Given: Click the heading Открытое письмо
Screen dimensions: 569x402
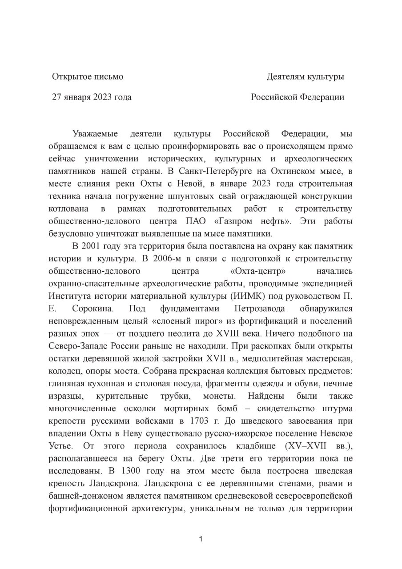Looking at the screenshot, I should tap(88, 76).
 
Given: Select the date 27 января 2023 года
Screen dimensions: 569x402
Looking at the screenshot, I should tap(92, 97).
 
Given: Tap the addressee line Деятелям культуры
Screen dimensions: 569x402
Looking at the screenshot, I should tap(305, 76).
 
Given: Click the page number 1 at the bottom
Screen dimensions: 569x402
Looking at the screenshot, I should tap(201, 539).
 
